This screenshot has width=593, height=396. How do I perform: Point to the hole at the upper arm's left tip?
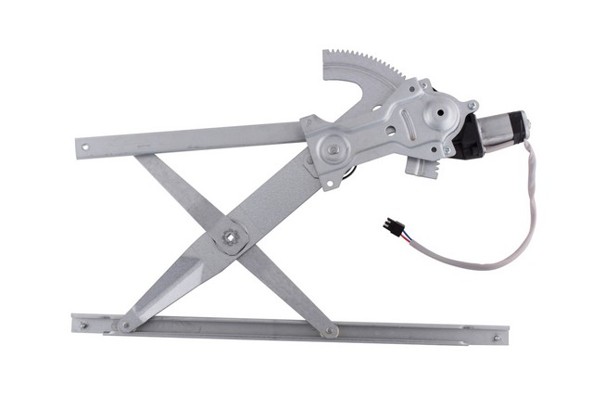(x=85, y=145)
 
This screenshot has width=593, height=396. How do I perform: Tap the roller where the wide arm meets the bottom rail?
(x=124, y=325)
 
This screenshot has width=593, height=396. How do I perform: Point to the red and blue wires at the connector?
(x=406, y=237)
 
